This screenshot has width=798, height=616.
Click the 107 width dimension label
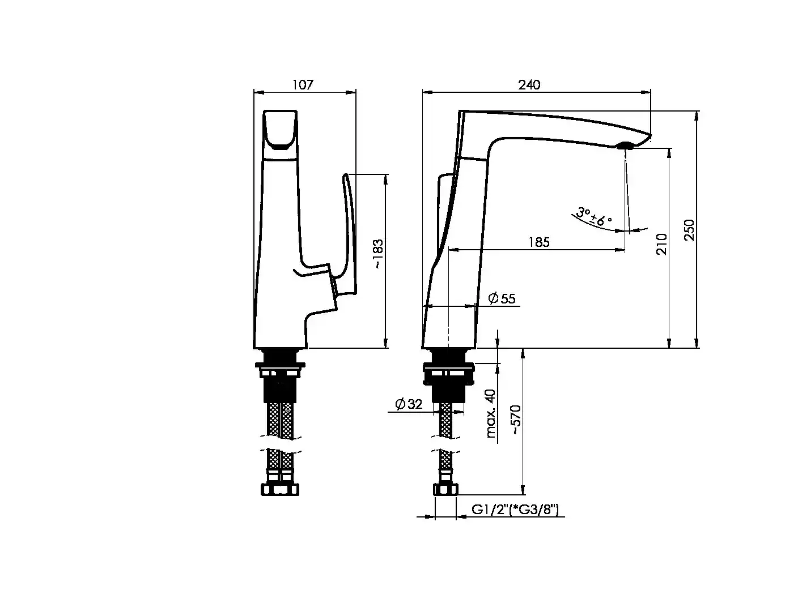[x=303, y=85]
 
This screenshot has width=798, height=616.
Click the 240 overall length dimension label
[x=529, y=85]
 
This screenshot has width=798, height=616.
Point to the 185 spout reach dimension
[x=539, y=242]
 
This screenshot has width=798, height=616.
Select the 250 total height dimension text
[x=689, y=230]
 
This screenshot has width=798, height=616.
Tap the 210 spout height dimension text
[x=661, y=244]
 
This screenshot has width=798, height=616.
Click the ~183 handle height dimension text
[x=377, y=254]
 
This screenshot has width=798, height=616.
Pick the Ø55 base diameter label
[x=502, y=298]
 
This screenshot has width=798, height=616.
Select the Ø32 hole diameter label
[x=409, y=404]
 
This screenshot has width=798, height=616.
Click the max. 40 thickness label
[x=491, y=413]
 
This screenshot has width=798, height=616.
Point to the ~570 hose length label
[x=516, y=420]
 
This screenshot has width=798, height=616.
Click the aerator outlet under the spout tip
[x=625, y=146]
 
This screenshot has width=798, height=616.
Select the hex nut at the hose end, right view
[x=446, y=489]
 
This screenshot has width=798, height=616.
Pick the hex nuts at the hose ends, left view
[x=280, y=489]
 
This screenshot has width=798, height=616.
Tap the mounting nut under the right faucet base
[x=448, y=374]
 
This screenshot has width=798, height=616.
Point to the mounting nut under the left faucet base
[x=280, y=370]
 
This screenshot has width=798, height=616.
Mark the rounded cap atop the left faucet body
[x=280, y=135]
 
